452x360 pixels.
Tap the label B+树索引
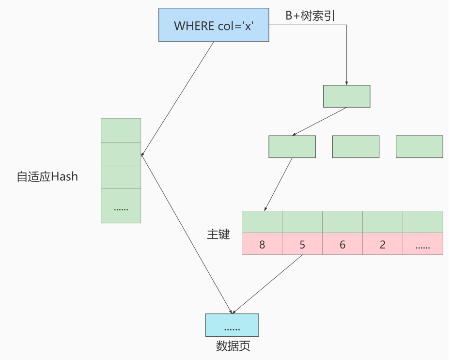(311, 16)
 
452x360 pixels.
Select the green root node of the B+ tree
(346, 96)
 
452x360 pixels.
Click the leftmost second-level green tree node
(292, 146)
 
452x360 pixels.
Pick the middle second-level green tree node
(356, 146)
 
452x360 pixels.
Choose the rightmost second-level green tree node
(419, 146)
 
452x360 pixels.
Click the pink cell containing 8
(262, 244)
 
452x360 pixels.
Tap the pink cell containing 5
(302, 244)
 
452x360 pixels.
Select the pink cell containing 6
(343, 244)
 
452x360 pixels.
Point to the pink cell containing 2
(383, 244)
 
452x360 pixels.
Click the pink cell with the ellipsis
(422, 244)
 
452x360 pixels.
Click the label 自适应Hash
(47, 176)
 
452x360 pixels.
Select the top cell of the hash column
(121, 130)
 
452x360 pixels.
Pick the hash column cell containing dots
(121, 205)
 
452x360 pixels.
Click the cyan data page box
(232, 325)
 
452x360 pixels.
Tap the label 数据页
(233, 347)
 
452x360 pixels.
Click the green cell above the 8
(262, 222)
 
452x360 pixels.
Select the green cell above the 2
(383, 222)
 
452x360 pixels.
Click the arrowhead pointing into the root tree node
(346, 83)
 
